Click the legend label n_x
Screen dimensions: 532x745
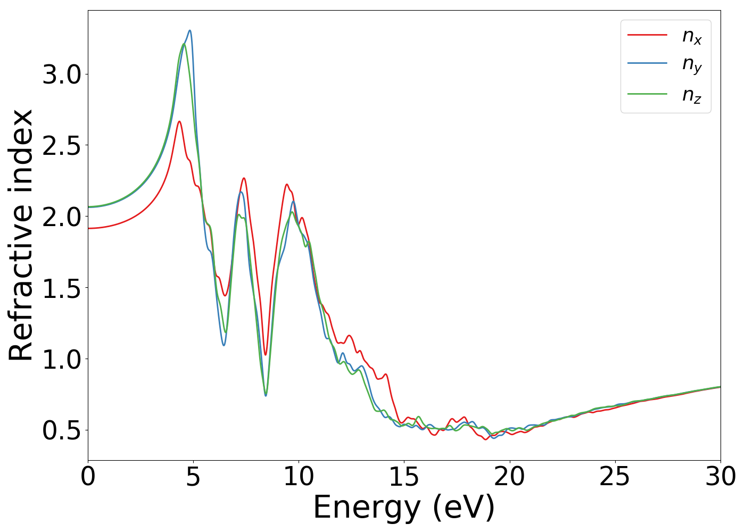coord(692,36)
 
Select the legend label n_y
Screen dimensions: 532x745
coord(692,65)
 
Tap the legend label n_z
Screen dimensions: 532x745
coord(692,95)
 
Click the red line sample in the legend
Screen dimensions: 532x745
coord(647,35)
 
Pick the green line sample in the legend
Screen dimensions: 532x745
coord(647,94)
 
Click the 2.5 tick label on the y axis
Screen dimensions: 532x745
coord(62,146)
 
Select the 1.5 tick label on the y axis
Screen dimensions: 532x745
coord(62,288)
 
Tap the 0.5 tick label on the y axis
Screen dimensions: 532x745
coord(62,430)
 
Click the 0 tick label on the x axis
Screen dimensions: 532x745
coord(88,477)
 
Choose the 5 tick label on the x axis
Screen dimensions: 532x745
coord(193,477)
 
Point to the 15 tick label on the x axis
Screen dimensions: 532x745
coord(404,477)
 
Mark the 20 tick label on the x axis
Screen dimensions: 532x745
coord(509,477)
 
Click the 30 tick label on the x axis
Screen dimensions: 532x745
coord(720,477)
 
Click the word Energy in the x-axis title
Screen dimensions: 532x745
coord(366,508)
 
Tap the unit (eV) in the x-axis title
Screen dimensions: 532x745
coord(463,508)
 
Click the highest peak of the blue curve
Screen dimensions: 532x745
coord(189,31)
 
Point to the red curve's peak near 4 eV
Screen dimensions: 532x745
coord(179,121)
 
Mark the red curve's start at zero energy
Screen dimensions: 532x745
coord(89,228)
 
